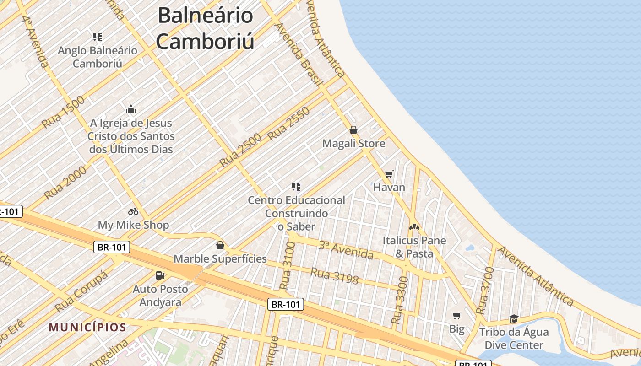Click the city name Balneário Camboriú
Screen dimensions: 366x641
(x=205, y=28)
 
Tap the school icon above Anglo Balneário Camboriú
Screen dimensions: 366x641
(x=97, y=37)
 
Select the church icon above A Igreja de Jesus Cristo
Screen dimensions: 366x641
(x=131, y=110)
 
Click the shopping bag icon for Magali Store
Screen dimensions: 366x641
(x=353, y=130)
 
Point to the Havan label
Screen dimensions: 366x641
(x=389, y=187)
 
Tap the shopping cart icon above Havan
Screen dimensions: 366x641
(x=389, y=174)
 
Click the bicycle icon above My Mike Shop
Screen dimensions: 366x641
(x=133, y=211)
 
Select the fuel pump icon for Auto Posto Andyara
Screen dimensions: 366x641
(x=160, y=275)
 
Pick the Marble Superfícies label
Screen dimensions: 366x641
(x=220, y=259)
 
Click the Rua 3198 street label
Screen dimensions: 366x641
(x=334, y=275)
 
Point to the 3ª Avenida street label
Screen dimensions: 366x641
(x=346, y=250)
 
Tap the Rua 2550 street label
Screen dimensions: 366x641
(x=289, y=124)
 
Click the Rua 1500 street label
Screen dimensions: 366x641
(x=63, y=112)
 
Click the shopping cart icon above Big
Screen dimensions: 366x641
(x=456, y=315)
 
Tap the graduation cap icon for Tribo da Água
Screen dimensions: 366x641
(x=514, y=318)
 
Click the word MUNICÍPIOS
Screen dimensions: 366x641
(x=87, y=328)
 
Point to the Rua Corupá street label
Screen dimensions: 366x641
(x=82, y=291)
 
